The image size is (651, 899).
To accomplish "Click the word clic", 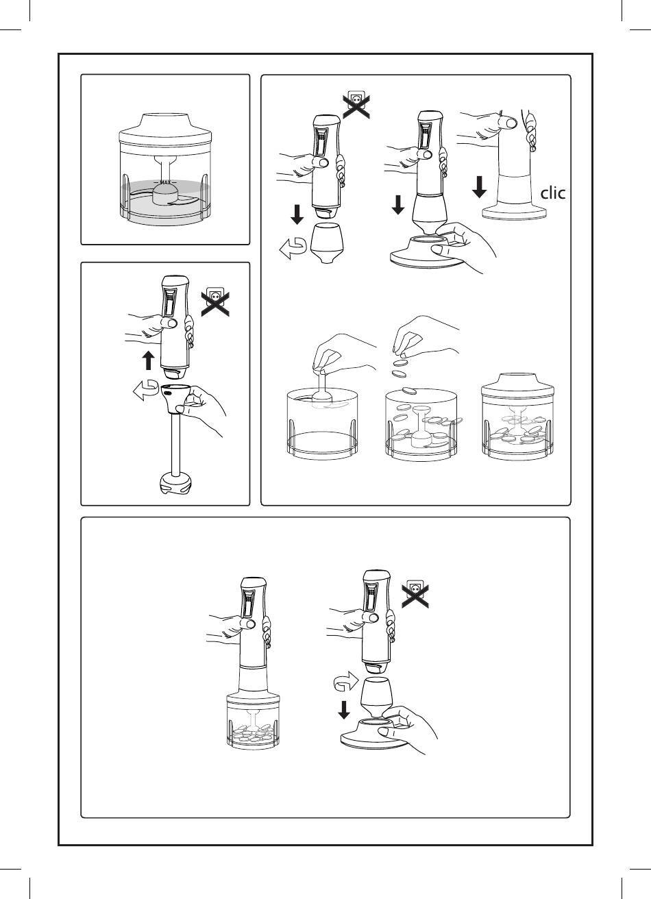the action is click(x=553, y=193).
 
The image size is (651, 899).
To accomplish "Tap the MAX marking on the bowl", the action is click(x=165, y=182).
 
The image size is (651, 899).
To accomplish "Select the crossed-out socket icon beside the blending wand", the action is click(x=215, y=301).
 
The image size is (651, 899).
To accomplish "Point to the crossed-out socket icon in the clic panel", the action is click(x=356, y=104).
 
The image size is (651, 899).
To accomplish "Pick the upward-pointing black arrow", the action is click(x=149, y=360).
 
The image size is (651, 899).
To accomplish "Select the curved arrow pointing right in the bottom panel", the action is click(x=346, y=681).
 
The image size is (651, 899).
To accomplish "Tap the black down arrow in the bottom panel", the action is click(x=344, y=709).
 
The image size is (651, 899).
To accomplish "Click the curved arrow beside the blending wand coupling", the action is click(x=146, y=390).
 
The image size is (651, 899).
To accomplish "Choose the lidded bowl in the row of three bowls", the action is click(x=518, y=417).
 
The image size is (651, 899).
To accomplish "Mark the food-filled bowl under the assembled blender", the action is click(x=253, y=722).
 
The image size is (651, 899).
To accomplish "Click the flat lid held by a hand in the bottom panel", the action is click(x=375, y=734).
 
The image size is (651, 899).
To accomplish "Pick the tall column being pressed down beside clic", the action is click(x=515, y=181).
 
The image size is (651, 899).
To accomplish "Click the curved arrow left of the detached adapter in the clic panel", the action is click(x=293, y=249).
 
